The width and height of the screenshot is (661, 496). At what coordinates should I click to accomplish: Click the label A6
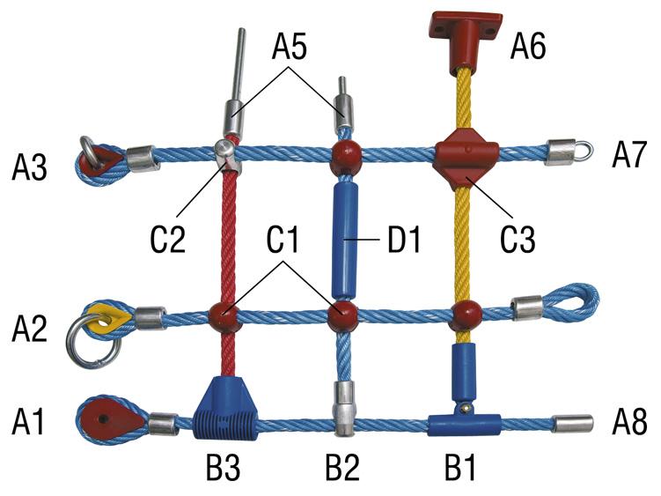point(528,47)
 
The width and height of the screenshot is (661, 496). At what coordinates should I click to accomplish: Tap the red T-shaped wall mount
point(466,41)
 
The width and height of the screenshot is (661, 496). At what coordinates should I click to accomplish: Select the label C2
point(168,239)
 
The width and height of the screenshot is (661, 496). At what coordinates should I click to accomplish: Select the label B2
point(342,468)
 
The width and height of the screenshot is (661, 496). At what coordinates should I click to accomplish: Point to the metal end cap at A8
point(573,424)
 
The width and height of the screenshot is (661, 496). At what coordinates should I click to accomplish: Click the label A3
point(29,167)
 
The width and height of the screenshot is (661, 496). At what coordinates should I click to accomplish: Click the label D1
point(404,240)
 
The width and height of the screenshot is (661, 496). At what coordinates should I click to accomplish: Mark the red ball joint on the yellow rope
point(466,315)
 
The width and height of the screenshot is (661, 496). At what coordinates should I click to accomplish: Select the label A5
point(290,47)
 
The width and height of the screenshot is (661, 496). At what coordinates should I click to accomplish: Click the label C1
point(283,239)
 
